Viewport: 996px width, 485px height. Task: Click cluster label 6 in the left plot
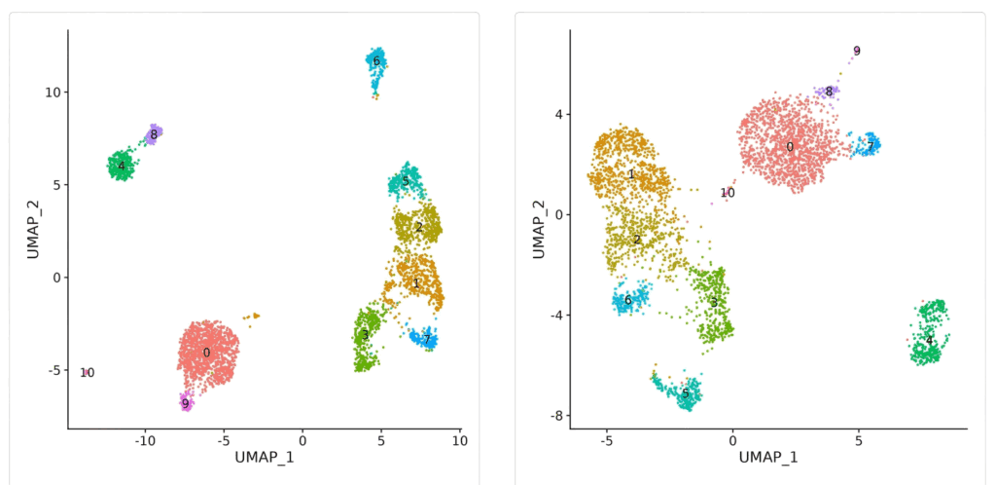click(x=376, y=61)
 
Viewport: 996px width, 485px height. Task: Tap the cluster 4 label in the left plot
click(x=121, y=167)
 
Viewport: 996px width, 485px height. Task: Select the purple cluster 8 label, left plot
click(x=154, y=134)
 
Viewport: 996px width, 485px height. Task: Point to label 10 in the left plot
click(x=88, y=372)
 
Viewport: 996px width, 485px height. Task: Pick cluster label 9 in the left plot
click(x=185, y=403)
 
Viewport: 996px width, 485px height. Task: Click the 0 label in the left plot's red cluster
click(x=206, y=352)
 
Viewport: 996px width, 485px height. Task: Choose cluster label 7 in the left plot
click(x=426, y=339)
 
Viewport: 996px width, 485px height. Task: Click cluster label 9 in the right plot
click(x=857, y=51)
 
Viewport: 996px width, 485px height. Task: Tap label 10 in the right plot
click(x=728, y=193)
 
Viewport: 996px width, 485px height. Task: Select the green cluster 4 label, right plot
click(x=929, y=340)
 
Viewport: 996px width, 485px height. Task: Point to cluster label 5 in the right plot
click(x=686, y=393)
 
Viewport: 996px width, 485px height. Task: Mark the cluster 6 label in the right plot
click(x=628, y=300)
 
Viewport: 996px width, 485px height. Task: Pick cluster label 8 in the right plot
click(x=829, y=92)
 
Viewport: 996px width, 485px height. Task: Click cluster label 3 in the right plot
click(x=713, y=302)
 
